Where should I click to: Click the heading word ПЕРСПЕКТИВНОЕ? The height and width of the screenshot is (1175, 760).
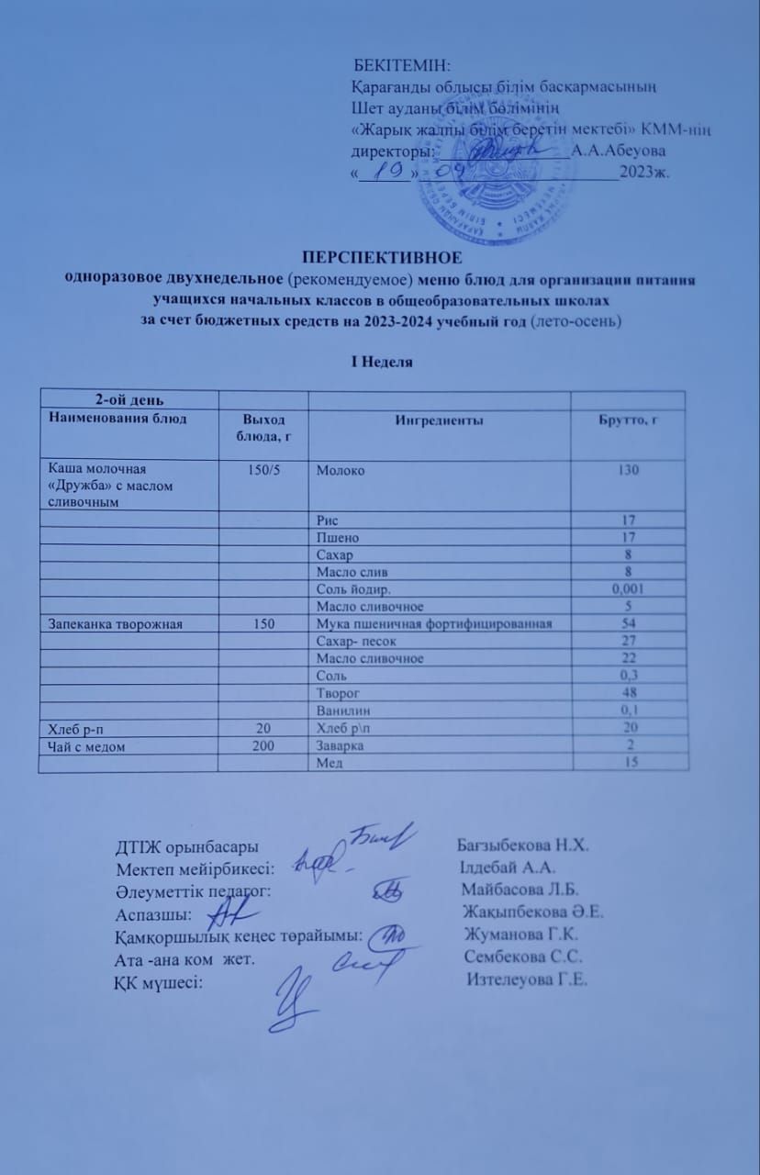381,258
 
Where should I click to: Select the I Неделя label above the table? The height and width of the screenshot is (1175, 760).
383,362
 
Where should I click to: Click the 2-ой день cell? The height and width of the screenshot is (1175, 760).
128,398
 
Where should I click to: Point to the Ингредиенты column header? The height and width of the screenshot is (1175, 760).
439,420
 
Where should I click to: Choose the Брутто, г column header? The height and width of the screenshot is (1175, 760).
629,420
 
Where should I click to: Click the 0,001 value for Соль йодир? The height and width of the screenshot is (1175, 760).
629,589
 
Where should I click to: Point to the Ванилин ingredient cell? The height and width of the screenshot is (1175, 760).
340,711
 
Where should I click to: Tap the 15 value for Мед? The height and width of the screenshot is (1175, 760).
629,763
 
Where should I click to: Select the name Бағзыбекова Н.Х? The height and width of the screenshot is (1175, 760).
522,845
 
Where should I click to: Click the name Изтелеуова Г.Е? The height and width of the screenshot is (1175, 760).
527,979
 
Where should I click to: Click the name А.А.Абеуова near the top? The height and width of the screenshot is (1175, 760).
619,151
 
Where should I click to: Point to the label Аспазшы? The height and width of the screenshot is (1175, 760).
153,912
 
